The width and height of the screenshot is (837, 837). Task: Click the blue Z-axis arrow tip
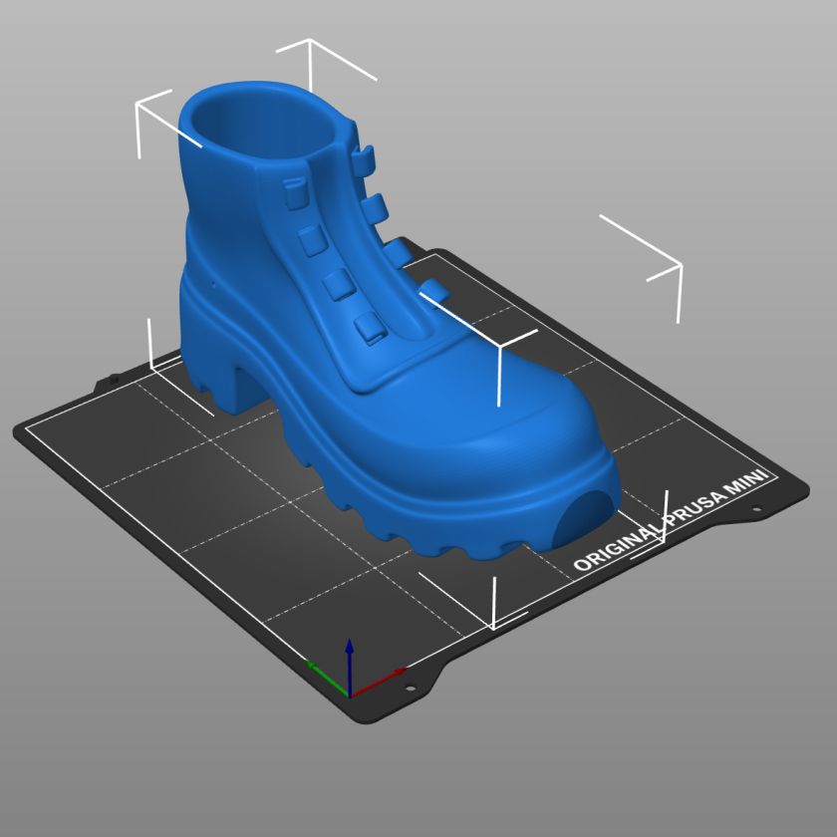[349, 640]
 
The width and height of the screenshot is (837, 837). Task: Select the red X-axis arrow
[378, 683]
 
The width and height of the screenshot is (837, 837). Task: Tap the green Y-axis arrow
[327, 679]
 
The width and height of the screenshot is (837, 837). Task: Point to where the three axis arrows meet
[349, 697]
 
